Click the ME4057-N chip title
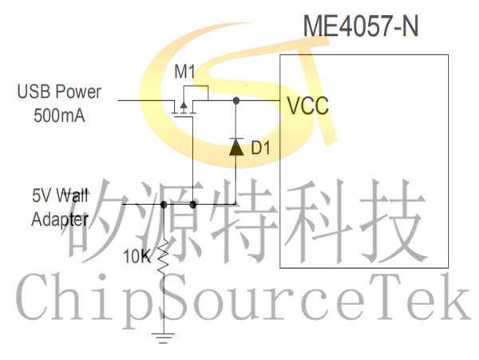point(360,27)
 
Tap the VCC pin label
point(307,104)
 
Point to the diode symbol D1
point(236,146)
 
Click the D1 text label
point(261,148)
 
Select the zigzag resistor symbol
point(164,258)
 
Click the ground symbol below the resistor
point(164,338)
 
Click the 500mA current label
point(60,114)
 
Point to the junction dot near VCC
point(236,101)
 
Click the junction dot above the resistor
point(164,205)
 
